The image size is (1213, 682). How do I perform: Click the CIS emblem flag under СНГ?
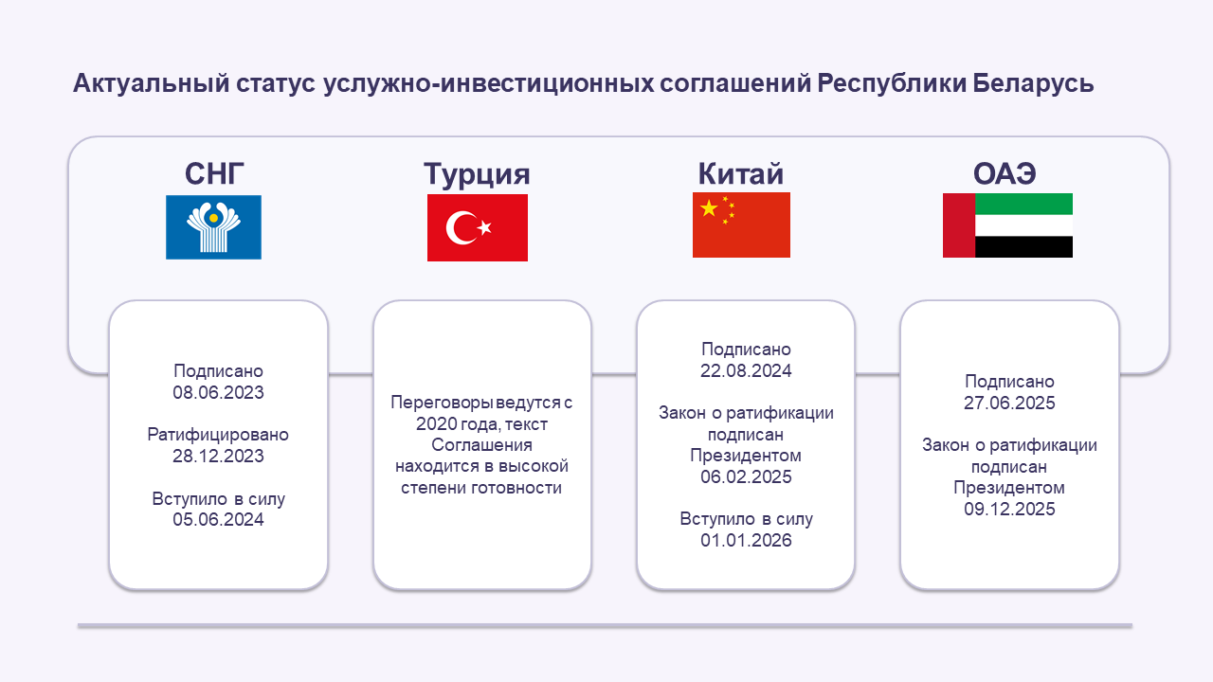tap(213, 227)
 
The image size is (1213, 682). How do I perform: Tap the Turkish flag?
tap(477, 228)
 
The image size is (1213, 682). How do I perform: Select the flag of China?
tap(741, 225)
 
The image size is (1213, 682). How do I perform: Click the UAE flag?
tap(1007, 225)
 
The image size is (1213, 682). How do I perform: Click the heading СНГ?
tap(214, 173)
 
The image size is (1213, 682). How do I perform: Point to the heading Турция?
tap(477, 174)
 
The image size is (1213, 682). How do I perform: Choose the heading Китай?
tap(741, 173)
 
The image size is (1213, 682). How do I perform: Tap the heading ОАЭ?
tap(1005, 173)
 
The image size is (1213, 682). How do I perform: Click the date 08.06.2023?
tap(218, 392)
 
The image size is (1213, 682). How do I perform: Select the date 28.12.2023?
tap(218, 457)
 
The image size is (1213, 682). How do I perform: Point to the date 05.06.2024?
tap(218, 520)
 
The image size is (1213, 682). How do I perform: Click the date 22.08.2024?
tap(746, 370)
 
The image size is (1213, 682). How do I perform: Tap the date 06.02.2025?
tap(746, 476)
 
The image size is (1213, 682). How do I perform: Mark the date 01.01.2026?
tap(746, 540)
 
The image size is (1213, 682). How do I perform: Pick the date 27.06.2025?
tap(1009, 404)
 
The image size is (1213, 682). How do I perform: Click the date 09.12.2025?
tap(1009, 510)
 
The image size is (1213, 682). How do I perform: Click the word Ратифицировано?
tap(218, 435)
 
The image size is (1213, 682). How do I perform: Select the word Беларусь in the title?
tap(1033, 83)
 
